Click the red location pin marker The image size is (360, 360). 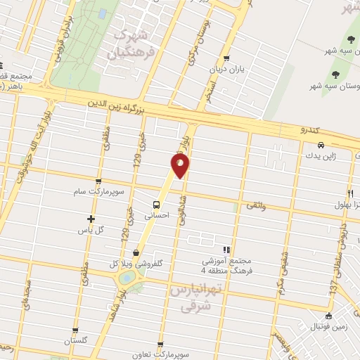[x=179, y=166]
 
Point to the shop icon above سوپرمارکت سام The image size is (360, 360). [x=98, y=181]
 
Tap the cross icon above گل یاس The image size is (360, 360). [x=90, y=219]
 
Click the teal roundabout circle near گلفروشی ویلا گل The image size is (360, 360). [x=127, y=278]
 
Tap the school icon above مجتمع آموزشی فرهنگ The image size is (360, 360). [x=226, y=250]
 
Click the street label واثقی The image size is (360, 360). [x=257, y=207]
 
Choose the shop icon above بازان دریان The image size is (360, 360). [x=226, y=59]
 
